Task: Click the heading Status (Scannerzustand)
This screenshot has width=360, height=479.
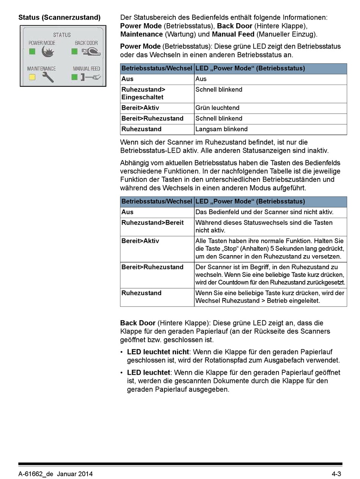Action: (x=59, y=17)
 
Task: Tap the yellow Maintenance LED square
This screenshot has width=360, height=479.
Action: (x=32, y=77)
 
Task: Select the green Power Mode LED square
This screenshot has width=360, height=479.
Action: (x=32, y=51)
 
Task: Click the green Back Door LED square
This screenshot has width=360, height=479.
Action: (x=74, y=51)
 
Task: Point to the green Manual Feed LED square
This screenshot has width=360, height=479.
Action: (x=74, y=77)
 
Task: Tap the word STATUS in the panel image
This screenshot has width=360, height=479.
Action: (x=62, y=35)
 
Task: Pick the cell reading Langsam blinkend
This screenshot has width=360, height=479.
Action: (x=221, y=129)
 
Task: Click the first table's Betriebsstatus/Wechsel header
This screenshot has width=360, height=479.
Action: (x=157, y=69)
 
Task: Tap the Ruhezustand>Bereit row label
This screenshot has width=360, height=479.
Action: (x=152, y=223)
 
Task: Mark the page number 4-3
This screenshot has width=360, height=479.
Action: (x=337, y=474)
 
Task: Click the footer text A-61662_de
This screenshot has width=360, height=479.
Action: (x=36, y=474)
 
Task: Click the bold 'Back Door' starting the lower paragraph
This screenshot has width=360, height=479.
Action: (x=138, y=323)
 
